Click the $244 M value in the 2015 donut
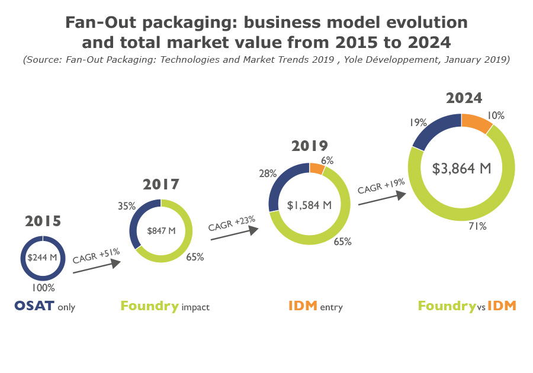42,258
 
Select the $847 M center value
161,230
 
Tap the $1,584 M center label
309,205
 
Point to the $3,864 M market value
462,168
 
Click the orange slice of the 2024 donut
476,123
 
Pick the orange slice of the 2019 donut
317,169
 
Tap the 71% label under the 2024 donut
478,226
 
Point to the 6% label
327,160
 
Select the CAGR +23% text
232,224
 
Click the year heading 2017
161,184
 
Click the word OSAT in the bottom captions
34,306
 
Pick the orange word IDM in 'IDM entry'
303,306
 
